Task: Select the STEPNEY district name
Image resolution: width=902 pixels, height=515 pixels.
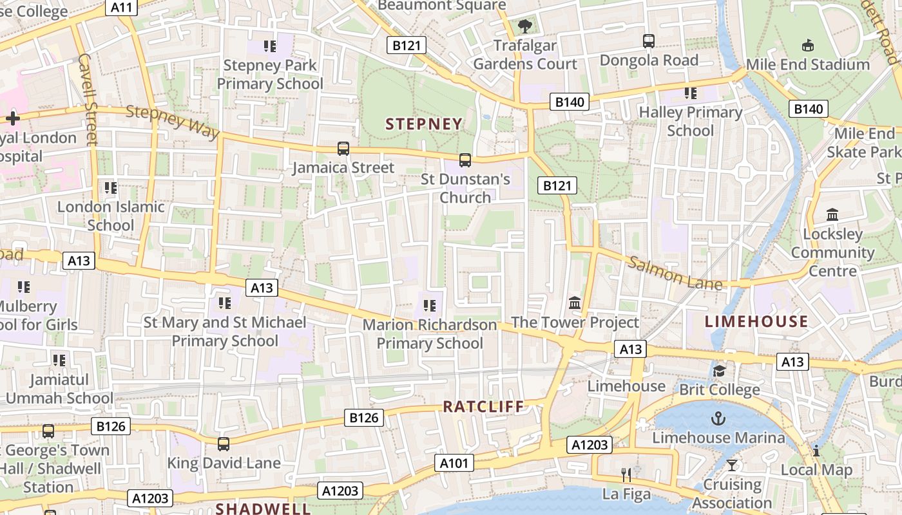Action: [424, 124]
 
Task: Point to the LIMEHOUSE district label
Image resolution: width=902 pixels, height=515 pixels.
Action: [756, 322]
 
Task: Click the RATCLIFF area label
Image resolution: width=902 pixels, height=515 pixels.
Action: [484, 406]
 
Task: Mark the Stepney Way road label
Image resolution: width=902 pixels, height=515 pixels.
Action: [172, 121]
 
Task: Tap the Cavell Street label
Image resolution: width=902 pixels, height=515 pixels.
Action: [87, 99]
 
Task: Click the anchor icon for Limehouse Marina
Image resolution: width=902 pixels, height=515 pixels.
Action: [718, 419]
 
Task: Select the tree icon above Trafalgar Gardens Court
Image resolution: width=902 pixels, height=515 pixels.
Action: [525, 26]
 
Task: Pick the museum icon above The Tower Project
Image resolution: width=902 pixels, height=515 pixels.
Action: [575, 303]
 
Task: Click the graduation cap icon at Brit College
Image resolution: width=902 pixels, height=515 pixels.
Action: [719, 371]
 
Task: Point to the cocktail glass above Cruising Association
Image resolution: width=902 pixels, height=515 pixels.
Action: [732, 465]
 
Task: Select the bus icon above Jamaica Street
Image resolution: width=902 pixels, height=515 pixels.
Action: [343, 149]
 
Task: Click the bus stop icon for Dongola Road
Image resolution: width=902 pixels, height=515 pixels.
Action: [649, 41]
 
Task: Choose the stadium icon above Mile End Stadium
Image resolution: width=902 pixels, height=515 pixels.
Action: [807, 45]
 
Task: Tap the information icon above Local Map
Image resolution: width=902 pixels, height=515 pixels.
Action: [816, 451]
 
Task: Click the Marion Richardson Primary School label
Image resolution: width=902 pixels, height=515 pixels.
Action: [430, 334]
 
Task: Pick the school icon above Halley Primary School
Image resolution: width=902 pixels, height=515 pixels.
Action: [691, 93]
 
